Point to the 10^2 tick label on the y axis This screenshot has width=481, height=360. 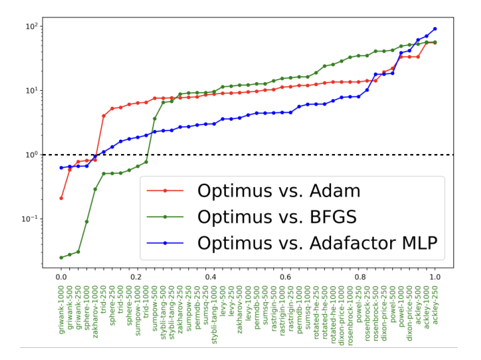point(33,26)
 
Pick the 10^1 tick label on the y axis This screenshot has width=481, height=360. point(33,90)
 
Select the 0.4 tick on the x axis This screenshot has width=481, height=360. point(211,276)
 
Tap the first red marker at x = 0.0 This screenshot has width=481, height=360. point(61,198)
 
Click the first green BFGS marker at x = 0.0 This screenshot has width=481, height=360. point(61,257)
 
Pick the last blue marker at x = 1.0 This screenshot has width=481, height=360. point(435,29)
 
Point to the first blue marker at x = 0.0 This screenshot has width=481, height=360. point(61,168)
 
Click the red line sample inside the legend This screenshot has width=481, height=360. point(165,190)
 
